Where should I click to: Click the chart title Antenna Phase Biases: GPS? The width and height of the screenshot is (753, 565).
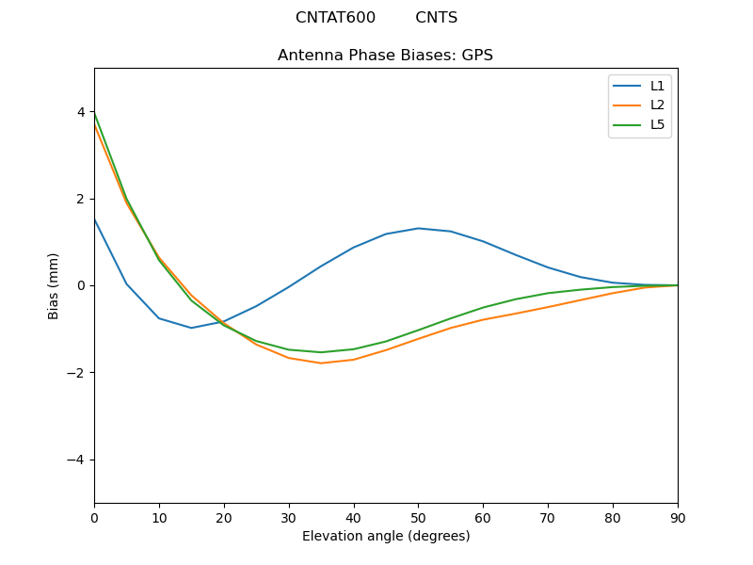tap(385, 56)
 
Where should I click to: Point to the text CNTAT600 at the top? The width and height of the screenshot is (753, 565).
tap(335, 18)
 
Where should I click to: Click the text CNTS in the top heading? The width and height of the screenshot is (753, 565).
tap(436, 18)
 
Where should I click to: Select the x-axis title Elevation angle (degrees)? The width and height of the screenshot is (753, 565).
tap(385, 537)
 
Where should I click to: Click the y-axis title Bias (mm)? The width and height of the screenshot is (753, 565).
tap(54, 285)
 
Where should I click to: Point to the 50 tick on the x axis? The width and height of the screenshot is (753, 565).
tap(418, 517)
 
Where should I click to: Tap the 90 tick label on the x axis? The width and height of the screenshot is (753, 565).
tap(677, 517)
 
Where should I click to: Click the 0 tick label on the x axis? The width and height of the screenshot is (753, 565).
tap(94, 517)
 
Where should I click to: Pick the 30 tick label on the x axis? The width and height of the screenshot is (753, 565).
tap(289, 517)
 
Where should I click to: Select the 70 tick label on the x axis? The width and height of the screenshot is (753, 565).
tap(548, 517)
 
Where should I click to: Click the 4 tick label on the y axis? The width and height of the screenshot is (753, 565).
tap(81, 112)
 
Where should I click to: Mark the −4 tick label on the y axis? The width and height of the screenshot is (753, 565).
tap(77, 460)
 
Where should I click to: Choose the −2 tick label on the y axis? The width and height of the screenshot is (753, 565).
tap(77, 373)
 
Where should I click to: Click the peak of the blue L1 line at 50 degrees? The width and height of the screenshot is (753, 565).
tap(418, 228)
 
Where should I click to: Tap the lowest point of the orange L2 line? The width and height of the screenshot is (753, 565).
tap(321, 363)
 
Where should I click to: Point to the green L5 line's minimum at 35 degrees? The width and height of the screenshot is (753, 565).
tap(321, 352)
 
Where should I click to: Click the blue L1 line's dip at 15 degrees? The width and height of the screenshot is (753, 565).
tap(191, 328)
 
